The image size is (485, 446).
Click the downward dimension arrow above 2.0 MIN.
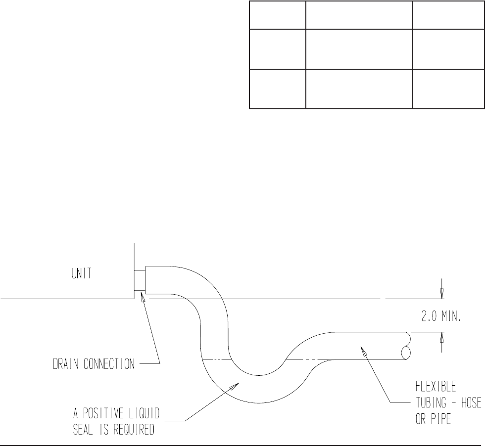click(442, 295)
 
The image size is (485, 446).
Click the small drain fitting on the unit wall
click(141, 281)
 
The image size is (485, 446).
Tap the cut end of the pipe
click(406, 346)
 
